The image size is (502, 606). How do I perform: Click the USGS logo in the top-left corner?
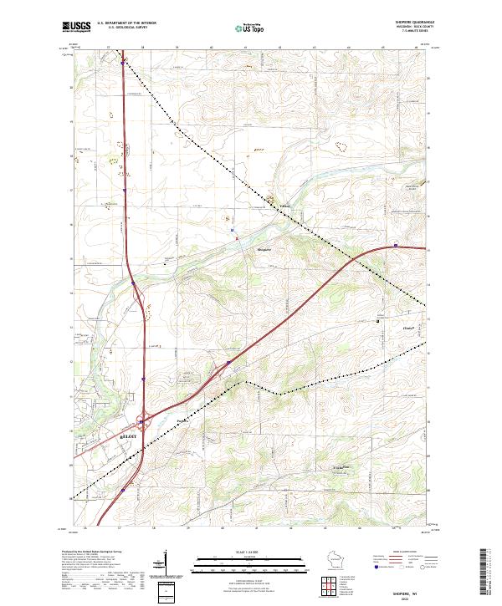76,27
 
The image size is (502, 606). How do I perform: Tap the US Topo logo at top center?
250,28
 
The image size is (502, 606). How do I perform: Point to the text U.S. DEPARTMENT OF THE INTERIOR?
125,23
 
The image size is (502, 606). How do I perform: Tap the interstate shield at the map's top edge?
122,61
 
